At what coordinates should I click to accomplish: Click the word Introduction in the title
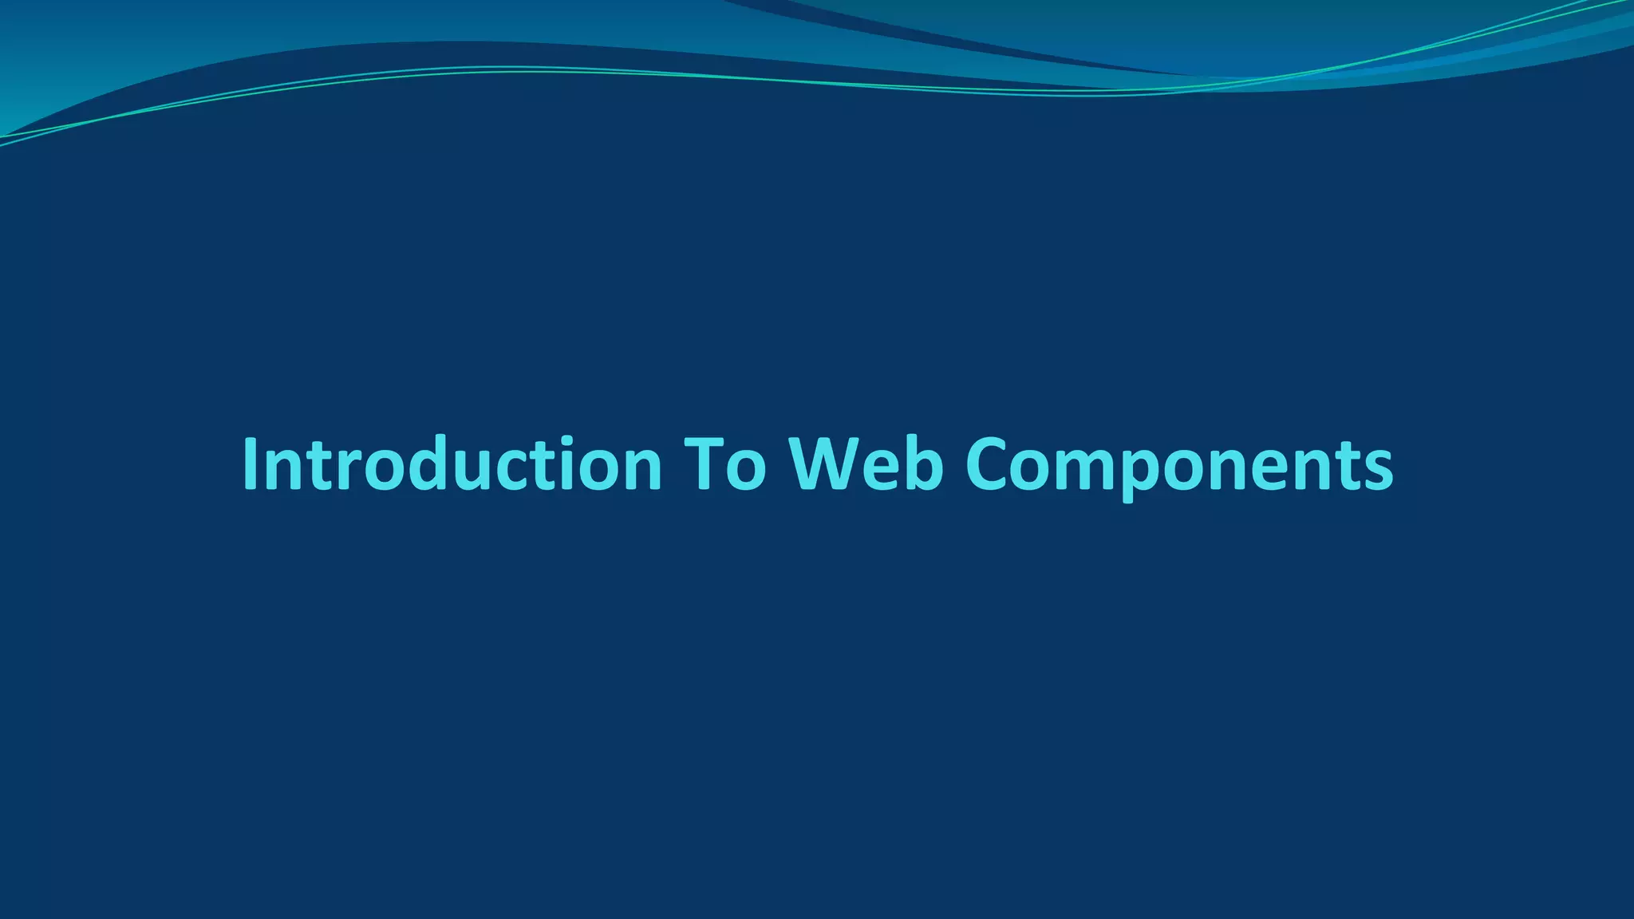[x=452, y=464]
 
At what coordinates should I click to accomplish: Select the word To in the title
[x=725, y=464]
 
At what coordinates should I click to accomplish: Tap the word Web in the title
[x=866, y=464]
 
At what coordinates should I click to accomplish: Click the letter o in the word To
[x=747, y=471]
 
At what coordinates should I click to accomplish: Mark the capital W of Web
[x=830, y=464]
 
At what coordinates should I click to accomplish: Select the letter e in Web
[x=886, y=471]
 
